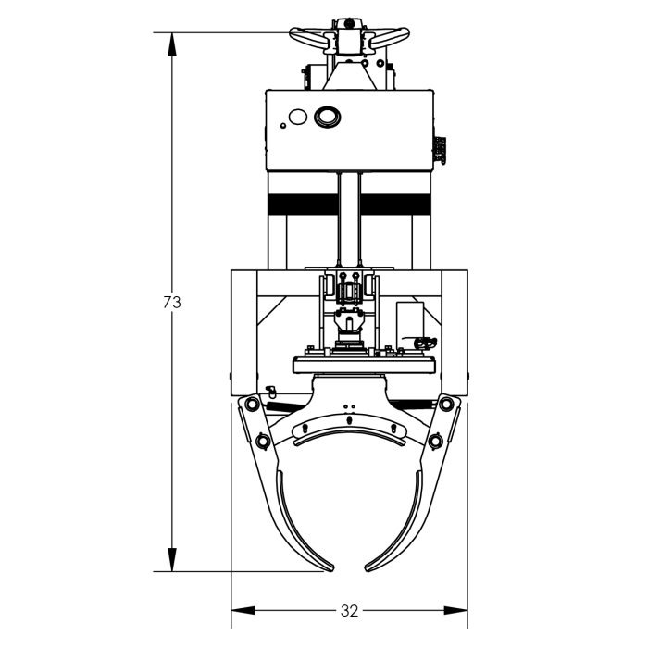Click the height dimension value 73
pos(170,302)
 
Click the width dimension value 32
pos(349,610)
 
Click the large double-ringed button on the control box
pos(328,117)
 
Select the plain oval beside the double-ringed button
pos(297,118)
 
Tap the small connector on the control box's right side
pos(441,149)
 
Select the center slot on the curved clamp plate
pos(349,422)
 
